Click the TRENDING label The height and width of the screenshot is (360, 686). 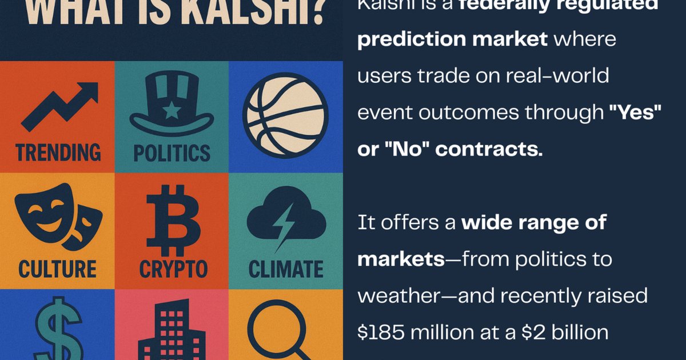[x=58, y=153]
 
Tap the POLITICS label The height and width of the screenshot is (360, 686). [x=171, y=153]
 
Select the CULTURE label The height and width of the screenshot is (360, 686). [x=57, y=269]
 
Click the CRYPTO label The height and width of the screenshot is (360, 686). [x=171, y=269]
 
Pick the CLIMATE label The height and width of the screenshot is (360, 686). [x=285, y=269]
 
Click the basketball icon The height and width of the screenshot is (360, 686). [x=285, y=115]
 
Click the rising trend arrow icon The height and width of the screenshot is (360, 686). [x=59, y=106]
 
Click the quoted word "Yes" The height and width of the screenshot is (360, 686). [x=634, y=114]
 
